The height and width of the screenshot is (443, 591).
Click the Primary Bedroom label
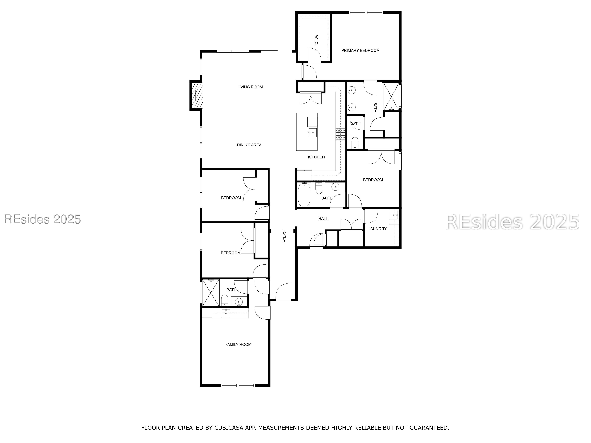pyautogui.click(x=360, y=51)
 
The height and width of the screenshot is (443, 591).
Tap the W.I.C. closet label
pyautogui.click(x=316, y=40)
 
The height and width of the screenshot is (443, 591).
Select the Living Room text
pyautogui.click(x=250, y=87)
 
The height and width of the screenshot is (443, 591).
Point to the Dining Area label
pyautogui.click(x=249, y=145)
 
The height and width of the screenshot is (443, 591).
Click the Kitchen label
pyautogui.click(x=316, y=157)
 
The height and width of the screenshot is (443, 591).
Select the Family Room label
pyautogui.click(x=238, y=345)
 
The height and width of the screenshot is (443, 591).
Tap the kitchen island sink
pyautogui.click(x=312, y=132)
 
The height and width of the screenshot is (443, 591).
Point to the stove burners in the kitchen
pyautogui.click(x=340, y=134)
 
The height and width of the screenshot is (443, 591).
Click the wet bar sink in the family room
pyautogui.click(x=226, y=313)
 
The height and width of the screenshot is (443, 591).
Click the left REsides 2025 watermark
pyautogui.click(x=42, y=219)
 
